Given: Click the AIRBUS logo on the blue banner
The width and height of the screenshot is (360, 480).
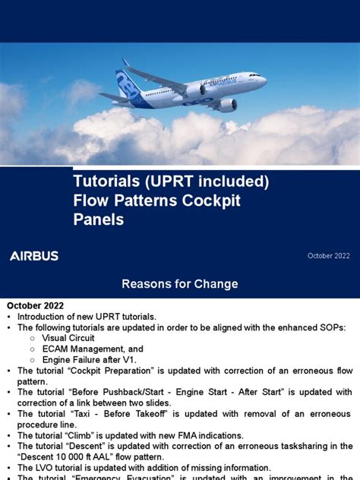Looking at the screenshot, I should click(x=33, y=256).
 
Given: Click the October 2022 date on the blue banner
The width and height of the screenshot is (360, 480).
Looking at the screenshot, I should click(x=328, y=257).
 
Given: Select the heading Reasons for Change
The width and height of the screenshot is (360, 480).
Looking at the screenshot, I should click(x=180, y=284).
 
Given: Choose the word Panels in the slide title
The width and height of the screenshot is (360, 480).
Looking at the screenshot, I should click(x=97, y=219).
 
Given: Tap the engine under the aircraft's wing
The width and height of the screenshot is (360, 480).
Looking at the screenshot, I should click(x=226, y=105).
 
